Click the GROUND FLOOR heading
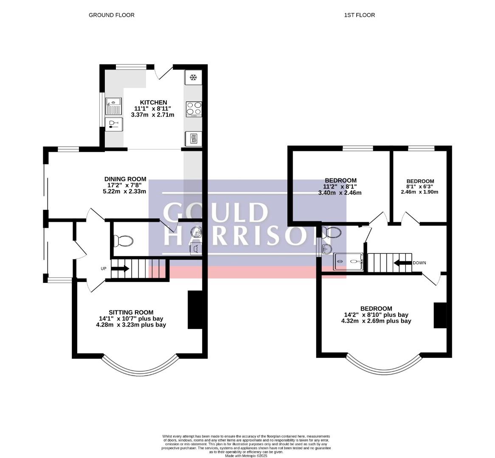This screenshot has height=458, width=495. tap(111, 15)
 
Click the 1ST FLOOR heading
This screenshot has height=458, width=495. tap(359, 15)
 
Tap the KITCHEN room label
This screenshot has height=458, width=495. tap(153, 103)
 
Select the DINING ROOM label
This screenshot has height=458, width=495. tap(125, 179)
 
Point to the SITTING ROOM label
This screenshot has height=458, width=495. tap(131, 313)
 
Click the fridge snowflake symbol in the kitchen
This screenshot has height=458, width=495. tap(193, 77)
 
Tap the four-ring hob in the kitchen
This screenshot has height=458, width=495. tap(194, 109)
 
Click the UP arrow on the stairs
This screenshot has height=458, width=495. tap(120, 269)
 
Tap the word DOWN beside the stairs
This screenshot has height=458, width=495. tap(419, 263)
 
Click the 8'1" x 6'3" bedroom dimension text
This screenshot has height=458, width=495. tap(420, 187)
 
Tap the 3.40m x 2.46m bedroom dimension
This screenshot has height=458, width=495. tap(340, 193)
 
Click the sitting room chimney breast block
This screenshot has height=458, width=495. tap(195, 310)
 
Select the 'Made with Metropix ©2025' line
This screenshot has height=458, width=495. tap(246, 456)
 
